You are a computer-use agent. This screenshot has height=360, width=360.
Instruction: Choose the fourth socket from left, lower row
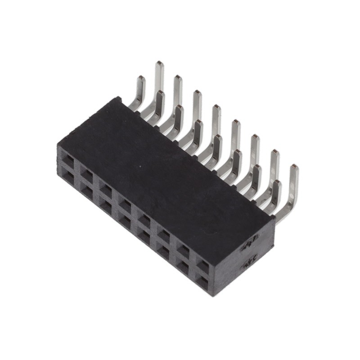click(x=125, y=220)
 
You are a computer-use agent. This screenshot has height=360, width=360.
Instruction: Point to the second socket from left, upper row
click(x=87, y=173)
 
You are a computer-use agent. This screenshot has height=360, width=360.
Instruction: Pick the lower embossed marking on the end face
click(x=251, y=264)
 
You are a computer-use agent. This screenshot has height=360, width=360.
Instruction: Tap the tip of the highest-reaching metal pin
click(x=159, y=63)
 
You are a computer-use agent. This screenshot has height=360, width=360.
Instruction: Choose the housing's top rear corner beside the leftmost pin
click(x=118, y=98)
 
